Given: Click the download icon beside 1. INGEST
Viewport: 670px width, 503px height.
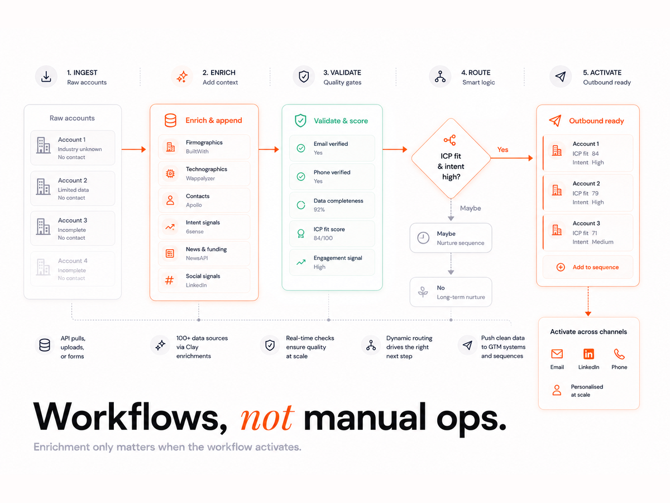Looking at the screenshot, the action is [x=46, y=77].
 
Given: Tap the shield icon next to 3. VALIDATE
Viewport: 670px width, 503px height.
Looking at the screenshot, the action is [x=304, y=77].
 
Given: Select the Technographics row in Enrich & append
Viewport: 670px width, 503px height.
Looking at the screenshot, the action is [x=204, y=173].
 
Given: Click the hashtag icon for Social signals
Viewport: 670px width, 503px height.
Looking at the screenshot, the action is [x=169, y=280].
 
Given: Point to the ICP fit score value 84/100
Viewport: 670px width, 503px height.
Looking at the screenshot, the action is [x=323, y=238].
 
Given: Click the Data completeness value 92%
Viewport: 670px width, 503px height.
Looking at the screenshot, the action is [x=319, y=210].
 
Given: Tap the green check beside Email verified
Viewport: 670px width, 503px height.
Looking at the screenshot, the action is [x=301, y=148].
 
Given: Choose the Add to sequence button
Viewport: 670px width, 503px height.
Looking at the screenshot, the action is [x=587, y=267].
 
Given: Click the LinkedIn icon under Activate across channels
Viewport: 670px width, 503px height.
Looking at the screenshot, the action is [x=588, y=354].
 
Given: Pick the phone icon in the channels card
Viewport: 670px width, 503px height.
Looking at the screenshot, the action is [x=619, y=354].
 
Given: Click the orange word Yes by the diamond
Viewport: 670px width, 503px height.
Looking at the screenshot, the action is [x=502, y=150].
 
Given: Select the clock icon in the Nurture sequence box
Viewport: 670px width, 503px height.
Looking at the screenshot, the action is [x=423, y=238].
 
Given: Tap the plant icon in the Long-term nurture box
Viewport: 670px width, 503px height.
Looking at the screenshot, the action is [x=423, y=292].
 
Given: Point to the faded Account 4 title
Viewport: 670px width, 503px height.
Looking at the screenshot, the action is [x=73, y=261].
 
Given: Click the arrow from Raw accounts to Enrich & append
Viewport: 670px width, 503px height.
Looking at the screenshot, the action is [x=133, y=149].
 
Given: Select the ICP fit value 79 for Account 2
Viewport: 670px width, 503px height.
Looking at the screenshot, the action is [x=595, y=193].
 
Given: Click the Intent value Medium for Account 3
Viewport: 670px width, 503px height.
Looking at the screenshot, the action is [x=602, y=242].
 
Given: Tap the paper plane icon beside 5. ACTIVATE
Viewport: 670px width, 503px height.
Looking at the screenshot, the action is [x=561, y=77].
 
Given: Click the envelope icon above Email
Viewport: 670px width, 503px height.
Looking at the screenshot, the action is [x=557, y=354].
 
